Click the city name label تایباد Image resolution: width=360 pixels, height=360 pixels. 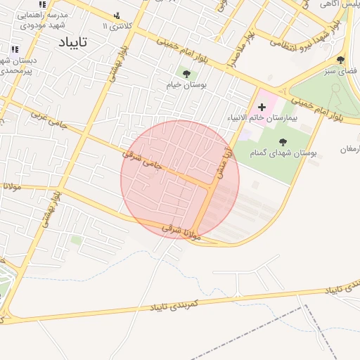72,41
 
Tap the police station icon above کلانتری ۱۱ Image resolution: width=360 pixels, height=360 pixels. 117,15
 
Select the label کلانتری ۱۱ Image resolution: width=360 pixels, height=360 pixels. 116,26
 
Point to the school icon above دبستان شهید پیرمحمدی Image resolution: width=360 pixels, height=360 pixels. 14,49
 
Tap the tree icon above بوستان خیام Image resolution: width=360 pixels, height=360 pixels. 186,72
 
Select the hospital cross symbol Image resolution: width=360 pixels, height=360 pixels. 262,107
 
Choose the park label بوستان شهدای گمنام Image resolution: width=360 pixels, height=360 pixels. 284,151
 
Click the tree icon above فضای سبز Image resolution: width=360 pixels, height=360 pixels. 341,60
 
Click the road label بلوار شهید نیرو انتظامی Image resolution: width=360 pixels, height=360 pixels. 310,39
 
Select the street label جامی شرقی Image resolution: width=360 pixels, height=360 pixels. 143,158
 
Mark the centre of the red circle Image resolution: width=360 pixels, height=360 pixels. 180,180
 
